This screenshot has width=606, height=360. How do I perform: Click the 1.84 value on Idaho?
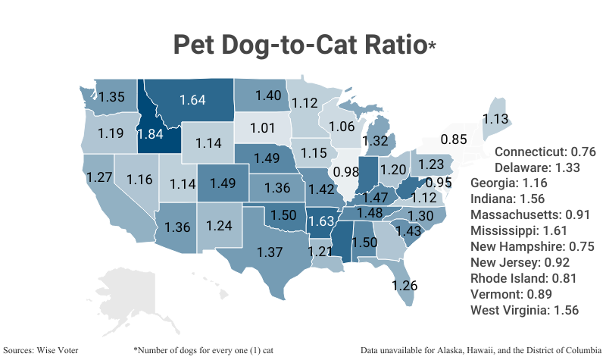tap(149, 133)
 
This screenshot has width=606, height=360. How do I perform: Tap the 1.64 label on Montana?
tap(192, 99)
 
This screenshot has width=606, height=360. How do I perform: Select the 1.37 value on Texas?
tap(270, 252)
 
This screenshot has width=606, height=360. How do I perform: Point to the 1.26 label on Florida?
tap(405, 286)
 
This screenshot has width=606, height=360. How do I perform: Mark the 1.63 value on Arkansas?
tap(321, 222)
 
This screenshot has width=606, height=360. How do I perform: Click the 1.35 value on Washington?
tap(112, 97)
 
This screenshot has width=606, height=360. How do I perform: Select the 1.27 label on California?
tap(100, 177)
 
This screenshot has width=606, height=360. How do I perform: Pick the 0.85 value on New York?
tap(454, 139)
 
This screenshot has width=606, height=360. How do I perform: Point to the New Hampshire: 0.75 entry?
tap(531, 246)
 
